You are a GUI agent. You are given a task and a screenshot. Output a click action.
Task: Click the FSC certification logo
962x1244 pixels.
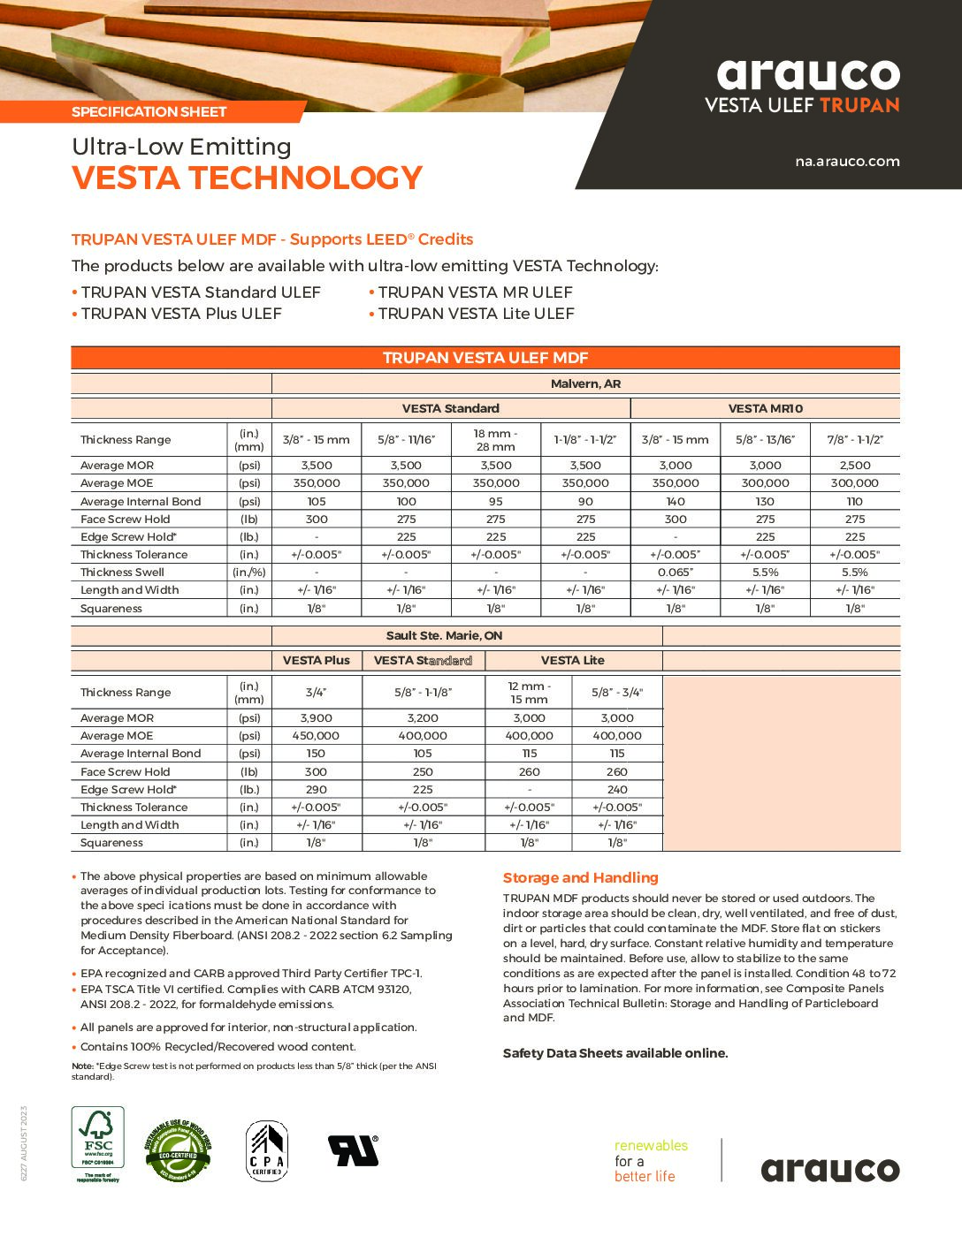(97, 1144)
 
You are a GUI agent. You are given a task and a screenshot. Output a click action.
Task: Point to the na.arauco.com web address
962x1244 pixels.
(847, 161)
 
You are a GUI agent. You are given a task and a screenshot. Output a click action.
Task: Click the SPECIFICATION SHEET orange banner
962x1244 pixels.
(149, 111)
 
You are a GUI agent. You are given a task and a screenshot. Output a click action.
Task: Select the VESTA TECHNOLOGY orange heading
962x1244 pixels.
(248, 178)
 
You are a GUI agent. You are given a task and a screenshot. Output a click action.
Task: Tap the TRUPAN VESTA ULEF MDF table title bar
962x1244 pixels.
(485, 358)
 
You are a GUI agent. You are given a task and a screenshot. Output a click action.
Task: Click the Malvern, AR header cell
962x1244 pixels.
(585, 383)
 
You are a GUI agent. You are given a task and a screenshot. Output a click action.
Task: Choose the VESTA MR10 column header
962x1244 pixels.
(765, 408)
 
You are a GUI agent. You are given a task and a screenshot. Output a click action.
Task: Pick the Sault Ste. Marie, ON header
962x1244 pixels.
(445, 635)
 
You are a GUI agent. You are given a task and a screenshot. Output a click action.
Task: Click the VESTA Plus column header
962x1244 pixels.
(316, 660)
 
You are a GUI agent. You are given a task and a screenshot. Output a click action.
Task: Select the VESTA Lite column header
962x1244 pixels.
(572, 660)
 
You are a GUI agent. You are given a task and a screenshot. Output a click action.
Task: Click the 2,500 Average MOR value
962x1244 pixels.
(854, 465)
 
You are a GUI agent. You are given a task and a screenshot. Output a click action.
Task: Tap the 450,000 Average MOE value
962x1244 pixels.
(316, 735)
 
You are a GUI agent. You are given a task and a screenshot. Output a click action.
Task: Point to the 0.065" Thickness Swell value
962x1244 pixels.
(676, 572)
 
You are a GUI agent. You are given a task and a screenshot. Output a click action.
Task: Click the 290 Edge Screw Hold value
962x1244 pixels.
(316, 789)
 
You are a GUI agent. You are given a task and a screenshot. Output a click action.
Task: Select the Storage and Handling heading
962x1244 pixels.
(581, 877)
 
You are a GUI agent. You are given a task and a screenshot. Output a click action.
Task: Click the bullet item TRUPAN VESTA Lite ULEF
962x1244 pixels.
(476, 314)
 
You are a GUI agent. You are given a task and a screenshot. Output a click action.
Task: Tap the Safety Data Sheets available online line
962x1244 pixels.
(615, 1053)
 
